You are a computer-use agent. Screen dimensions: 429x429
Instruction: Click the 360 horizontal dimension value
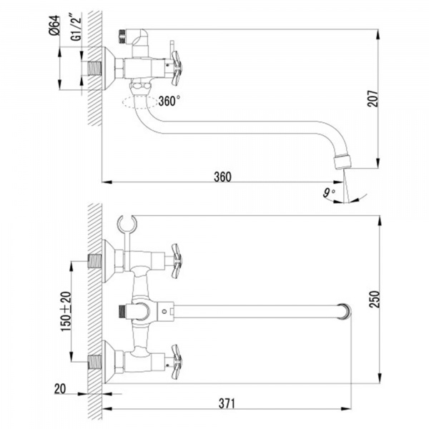[x=222, y=177]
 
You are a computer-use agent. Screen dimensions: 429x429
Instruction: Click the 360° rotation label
[x=169, y=101]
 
